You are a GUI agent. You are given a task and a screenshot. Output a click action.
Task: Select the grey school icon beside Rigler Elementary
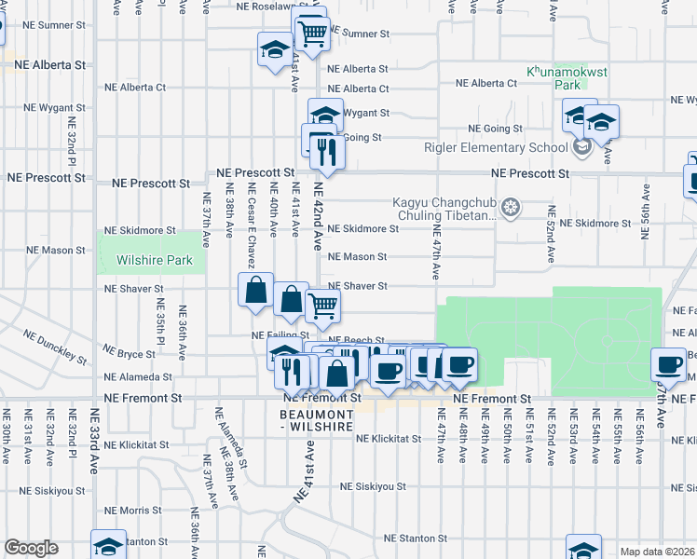[x=582, y=147]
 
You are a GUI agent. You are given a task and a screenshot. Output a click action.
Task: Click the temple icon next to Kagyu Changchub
[x=510, y=207]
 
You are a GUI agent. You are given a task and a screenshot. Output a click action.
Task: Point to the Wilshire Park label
[x=154, y=260]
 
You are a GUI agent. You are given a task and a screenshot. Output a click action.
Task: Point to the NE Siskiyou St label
[x=373, y=486]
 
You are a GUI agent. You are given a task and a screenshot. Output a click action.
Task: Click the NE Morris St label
[x=132, y=511]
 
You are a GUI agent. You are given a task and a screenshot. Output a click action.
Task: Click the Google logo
[x=31, y=548]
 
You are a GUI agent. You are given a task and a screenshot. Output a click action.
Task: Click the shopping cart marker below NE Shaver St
[x=322, y=305]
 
